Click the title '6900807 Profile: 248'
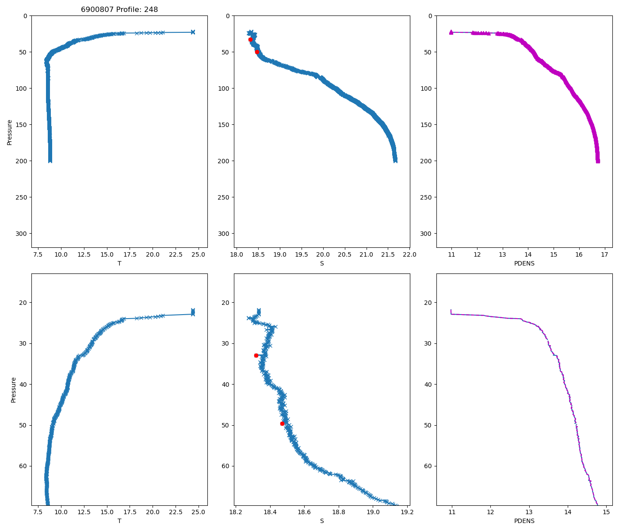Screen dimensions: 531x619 point(119,9)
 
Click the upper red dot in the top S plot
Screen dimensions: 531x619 point(250,39)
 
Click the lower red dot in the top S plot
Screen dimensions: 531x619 point(257,52)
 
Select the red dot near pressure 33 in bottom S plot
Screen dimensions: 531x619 point(256,355)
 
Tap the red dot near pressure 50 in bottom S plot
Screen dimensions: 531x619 point(282,423)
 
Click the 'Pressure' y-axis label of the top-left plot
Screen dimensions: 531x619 point(9,132)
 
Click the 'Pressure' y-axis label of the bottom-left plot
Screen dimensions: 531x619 point(13,389)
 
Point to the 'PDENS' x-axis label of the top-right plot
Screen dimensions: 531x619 point(524,263)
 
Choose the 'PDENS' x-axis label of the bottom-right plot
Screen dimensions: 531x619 point(524,521)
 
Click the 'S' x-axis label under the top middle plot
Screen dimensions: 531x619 point(321,263)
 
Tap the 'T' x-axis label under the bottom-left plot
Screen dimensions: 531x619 point(119,521)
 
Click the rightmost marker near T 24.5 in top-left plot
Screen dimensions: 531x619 point(193,32)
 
